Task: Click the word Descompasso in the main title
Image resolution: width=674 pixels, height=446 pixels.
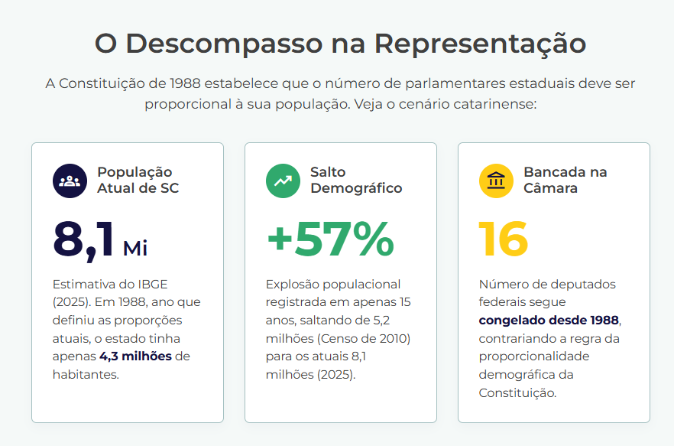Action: (x=223, y=44)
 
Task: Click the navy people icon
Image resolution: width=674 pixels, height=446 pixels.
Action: (x=70, y=181)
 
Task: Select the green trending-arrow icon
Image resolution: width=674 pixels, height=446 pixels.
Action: (x=283, y=181)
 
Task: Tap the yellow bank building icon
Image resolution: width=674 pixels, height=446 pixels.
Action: (x=496, y=181)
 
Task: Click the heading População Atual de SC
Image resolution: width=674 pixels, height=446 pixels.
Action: (x=138, y=180)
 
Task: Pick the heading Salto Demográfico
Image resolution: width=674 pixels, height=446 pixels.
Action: (x=356, y=180)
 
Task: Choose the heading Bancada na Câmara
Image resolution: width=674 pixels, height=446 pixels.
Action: (x=565, y=180)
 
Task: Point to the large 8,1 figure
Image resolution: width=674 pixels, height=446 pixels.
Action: (x=84, y=240)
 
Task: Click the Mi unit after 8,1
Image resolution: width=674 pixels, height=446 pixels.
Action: (x=135, y=249)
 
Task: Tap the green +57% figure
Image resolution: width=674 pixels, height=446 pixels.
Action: (x=330, y=239)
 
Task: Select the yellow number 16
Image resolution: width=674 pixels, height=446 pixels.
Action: (x=504, y=239)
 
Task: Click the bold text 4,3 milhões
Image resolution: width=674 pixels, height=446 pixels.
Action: (x=135, y=356)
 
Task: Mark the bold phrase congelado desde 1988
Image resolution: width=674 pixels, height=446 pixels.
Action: (x=549, y=321)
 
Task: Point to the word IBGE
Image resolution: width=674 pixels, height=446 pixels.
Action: (x=153, y=285)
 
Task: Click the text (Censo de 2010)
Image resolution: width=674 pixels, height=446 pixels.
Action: (x=364, y=339)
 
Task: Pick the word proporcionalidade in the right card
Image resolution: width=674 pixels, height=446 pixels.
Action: (x=534, y=357)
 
